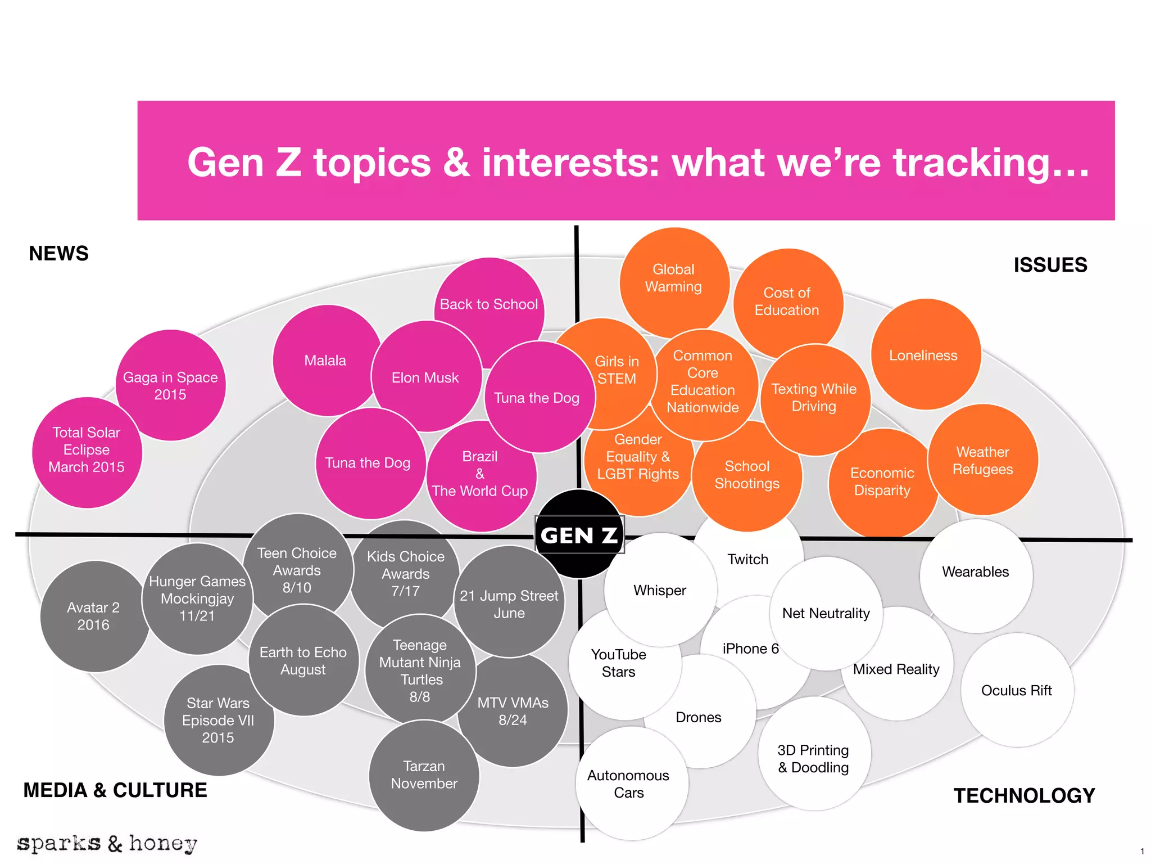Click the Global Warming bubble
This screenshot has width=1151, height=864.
click(x=674, y=283)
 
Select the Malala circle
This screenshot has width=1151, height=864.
click(x=326, y=361)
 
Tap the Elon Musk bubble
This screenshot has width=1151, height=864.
click(x=427, y=376)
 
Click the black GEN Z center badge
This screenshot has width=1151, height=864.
click(x=579, y=534)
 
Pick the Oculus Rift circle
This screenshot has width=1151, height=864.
click(x=1017, y=690)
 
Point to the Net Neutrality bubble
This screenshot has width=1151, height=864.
click(x=826, y=613)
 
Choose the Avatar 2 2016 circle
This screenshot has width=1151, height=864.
click(x=95, y=616)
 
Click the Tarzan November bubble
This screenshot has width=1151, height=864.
click(x=424, y=776)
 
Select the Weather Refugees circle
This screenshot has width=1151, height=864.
click(x=983, y=460)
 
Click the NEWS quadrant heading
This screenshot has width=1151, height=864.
click(x=59, y=254)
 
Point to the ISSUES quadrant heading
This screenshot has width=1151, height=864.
click(x=1050, y=265)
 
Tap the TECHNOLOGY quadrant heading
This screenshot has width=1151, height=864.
click(x=1025, y=795)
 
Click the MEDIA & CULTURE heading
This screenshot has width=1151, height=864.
click(x=115, y=790)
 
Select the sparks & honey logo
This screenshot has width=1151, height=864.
click(x=107, y=844)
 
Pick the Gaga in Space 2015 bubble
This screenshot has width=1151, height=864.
click(x=171, y=385)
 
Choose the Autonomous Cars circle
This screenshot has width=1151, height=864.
click(x=632, y=784)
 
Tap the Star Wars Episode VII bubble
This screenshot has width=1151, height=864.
click(x=219, y=720)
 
